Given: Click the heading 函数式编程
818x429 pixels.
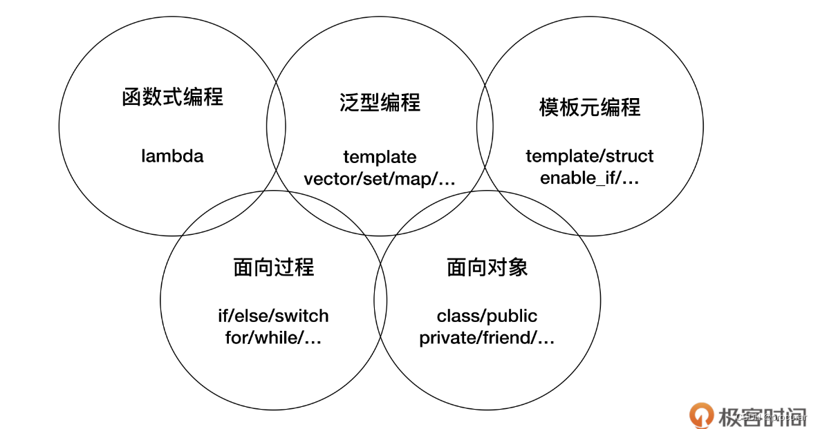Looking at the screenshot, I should pyautogui.click(x=172, y=97).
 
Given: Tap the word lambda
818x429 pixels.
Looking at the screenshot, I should pyautogui.click(x=172, y=156).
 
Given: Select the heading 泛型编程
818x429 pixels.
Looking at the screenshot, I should pyautogui.click(x=380, y=102).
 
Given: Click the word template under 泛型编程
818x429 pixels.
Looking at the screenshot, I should pyautogui.click(x=380, y=157).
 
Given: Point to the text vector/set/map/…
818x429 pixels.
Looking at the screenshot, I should pyautogui.click(x=380, y=179).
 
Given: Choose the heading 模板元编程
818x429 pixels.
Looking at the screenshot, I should pyautogui.click(x=589, y=107).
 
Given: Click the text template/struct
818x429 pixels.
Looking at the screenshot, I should pyautogui.click(x=589, y=156).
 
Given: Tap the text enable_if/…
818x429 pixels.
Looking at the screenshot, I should pyautogui.click(x=589, y=178).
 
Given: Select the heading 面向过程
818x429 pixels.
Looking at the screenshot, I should pyautogui.click(x=274, y=267).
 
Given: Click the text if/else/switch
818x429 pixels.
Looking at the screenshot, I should pyautogui.click(x=273, y=316).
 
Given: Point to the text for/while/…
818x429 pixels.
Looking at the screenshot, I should pyautogui.click(x=273, y=339).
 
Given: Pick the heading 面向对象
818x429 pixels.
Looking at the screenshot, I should pyautogui.click(x=487, y=267).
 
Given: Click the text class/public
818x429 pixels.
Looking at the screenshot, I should pyautogui.click(x=487, y=316).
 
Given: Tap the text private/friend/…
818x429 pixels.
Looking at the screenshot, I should pyautogui.click(x=487, y=339).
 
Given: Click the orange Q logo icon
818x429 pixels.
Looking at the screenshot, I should pyautogui.click(x=701, y=414).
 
